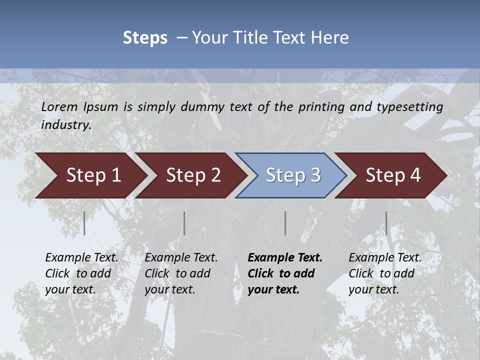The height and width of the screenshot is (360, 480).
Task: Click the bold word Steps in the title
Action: tap(145, 38)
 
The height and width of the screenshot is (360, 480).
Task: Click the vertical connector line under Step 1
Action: tap(84, 223)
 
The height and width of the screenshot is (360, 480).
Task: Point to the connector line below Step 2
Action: tap(184, 223)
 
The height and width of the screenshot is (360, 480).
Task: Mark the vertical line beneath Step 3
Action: tap(285, 223)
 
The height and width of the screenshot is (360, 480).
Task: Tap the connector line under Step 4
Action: tap(386, 223)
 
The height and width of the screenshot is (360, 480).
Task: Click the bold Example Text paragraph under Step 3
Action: tap(284, 273)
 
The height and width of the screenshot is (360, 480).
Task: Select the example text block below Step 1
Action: tap(81, 273)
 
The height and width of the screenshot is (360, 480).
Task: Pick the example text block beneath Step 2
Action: tap(180, 273)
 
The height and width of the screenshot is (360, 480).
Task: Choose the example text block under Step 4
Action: tap(384, 273)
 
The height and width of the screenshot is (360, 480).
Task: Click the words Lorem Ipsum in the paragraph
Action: tap(79, 107)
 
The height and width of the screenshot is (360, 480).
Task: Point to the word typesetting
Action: tap(409, 107)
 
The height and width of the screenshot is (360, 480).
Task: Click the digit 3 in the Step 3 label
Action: tap(315, 175)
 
